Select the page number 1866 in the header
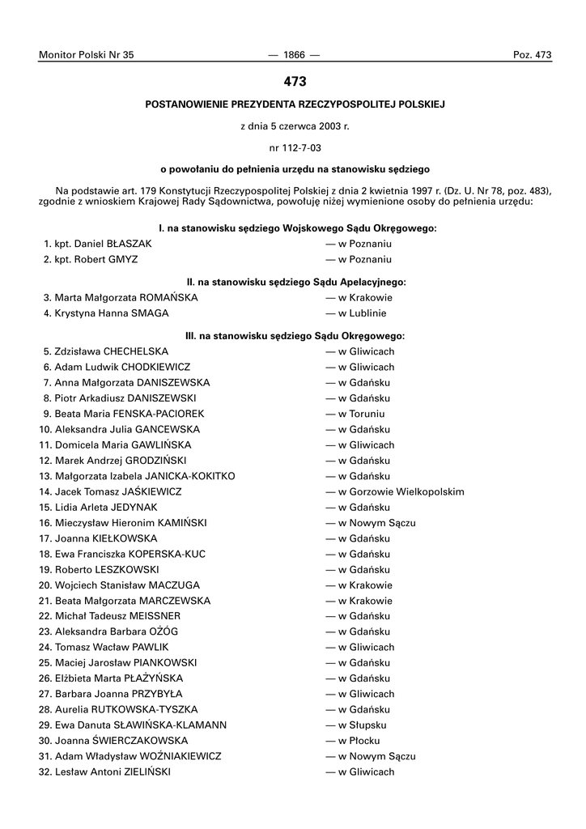click(294, 55)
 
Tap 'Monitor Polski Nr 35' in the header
click(86, 55)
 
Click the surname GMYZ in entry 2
click(120, 259)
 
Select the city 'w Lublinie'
click(356, 313)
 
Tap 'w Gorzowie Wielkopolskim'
click(395, 491)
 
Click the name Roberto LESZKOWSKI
click(107, 570)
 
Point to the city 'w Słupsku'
click(356, 725)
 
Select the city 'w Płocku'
click(353, 741)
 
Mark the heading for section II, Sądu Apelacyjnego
click(295, 282)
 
